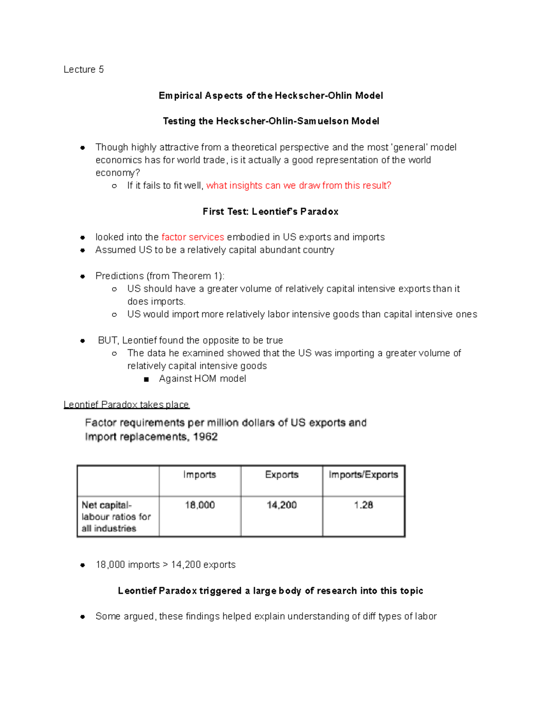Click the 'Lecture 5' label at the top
[x=84, y=70]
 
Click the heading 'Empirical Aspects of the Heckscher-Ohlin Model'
[x=271, y=96]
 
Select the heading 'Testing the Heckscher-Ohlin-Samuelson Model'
[x=271, y=121]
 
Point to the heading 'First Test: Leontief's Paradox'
[x=270, y=212]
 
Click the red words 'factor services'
[x=192, y=237]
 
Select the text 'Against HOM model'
[x=202, y=379]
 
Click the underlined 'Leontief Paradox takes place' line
[x=126, y=404]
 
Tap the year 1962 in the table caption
[x=205, y=437]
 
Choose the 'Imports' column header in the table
[x=200, y=475]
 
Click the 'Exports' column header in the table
[x=282, y=475]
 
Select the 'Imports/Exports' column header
[x=363, y=475]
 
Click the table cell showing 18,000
[x=200, y=505]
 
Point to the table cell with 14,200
[x=282, y=505]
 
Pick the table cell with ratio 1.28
[x=363, y=505]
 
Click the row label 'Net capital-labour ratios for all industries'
[x=116, y=517]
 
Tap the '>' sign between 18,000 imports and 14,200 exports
[x=165, y=565]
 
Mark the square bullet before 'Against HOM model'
[x=146, y=379]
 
